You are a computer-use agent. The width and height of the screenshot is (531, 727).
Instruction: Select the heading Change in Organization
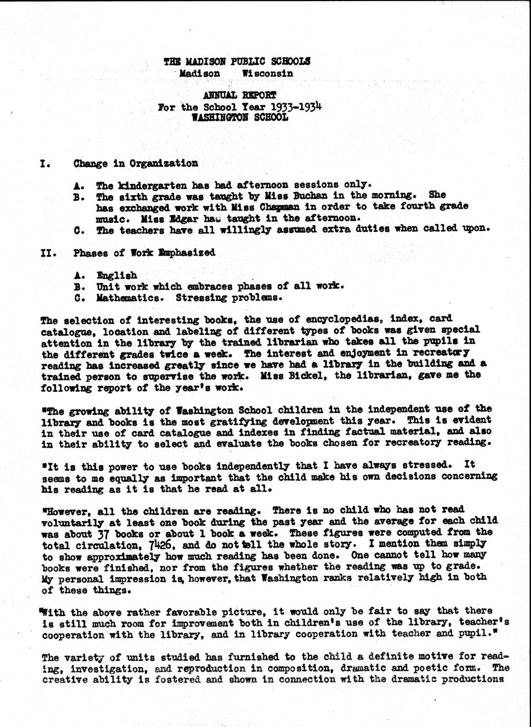click(136, 163)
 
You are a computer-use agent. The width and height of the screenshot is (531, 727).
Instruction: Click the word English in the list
click(117, 275)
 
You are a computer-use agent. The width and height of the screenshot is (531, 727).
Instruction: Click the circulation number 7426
click(158, 544)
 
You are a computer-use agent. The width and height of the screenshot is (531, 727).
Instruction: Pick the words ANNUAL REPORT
click(240, 95)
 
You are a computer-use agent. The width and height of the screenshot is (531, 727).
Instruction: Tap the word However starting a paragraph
click(62, 510)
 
